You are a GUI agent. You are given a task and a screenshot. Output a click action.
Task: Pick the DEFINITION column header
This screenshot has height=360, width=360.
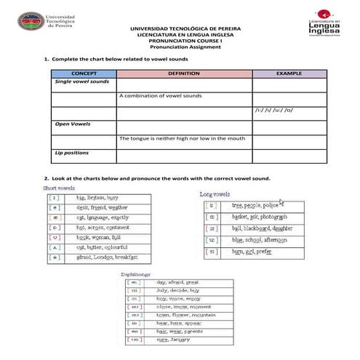tap(183, 73)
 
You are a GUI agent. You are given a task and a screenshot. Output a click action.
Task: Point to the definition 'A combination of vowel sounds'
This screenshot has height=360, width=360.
tap(161, 96)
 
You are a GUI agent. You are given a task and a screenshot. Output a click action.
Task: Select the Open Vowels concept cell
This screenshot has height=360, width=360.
tap(73, 124)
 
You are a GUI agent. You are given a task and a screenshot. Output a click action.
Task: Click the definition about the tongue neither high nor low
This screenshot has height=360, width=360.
tap(182, 138)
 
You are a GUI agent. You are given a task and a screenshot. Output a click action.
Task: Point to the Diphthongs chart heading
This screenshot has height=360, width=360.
tap(136, 274)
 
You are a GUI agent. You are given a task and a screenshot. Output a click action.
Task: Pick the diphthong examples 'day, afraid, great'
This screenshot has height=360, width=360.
tap(177, 282)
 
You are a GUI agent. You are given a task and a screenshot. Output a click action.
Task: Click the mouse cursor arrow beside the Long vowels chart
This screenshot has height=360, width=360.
tap(281, 203)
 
